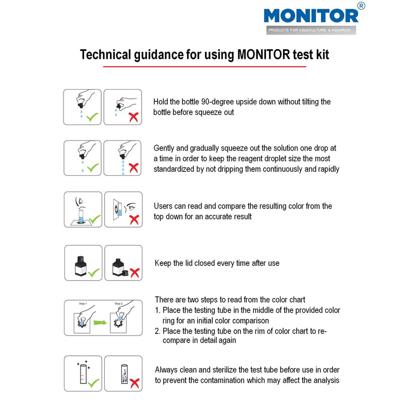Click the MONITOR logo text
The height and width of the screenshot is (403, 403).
coord(311,15)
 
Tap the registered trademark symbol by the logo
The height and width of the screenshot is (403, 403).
coord(361,6)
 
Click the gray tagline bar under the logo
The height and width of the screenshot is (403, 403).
coord(311,30)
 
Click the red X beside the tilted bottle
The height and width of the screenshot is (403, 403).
coord(133,117)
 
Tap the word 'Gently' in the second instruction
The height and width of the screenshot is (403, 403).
coord(165,148)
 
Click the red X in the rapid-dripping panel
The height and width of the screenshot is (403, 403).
coord(133,168)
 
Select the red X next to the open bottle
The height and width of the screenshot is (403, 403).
coord(134,273)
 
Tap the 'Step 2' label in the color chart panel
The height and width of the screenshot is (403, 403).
coord(118,304)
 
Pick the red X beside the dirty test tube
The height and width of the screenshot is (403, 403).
coord(134,383)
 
